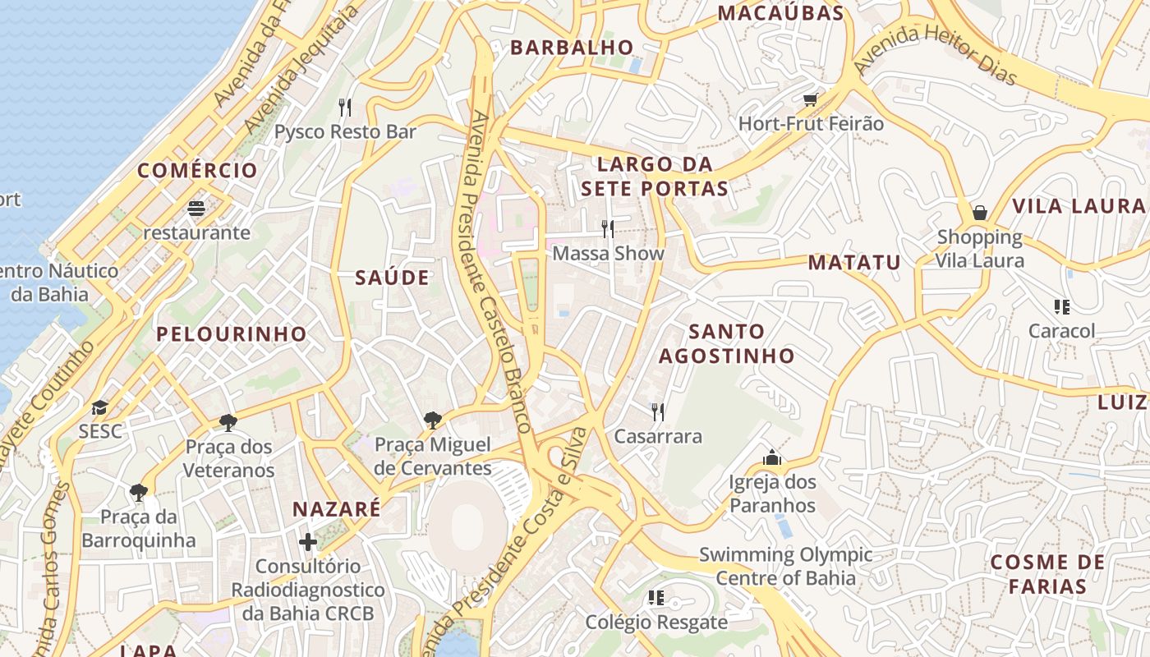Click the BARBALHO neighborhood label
pyautogui.click(x=572, y=48)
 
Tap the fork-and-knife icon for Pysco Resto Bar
pyautogui.click(x=345, y=107)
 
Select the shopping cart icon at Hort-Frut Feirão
pyautogui.click(x=811, y=99)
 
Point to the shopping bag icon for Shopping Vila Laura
pyautogui.click(x=980, y=213)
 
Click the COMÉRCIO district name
pyautogui.click(x=197, y=171)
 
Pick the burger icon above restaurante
pyautogui.click(x=195, y=209)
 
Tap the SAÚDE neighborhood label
pyautogui.click(x=392, y=278)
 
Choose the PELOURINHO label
pyautogui.click(x=232, y=334)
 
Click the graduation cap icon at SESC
pyautogui.click(x=99, y=407)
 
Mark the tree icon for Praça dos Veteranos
pyautogui.click(x=228, y=423)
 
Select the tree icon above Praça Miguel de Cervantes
pyautogui.click(x=433, y=420)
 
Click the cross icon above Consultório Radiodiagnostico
pyautogui.click(x=308, y=542)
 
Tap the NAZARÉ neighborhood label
pyautogui.click(x=337, y=509)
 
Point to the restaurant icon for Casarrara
pyautogui.click(x=658, y=411)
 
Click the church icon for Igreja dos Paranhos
pyautogui.click(x=771, y=457)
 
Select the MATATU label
pyautogui.click(x=854, y=263)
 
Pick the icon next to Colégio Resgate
pyautogui.click(x=655, y=598)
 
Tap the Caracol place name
pyautogui.click(x=1062, y=331)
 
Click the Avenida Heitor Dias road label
pyautogui.click(x=936, y=54)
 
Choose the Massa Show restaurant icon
pyautogui.click(x=607, y=228)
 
